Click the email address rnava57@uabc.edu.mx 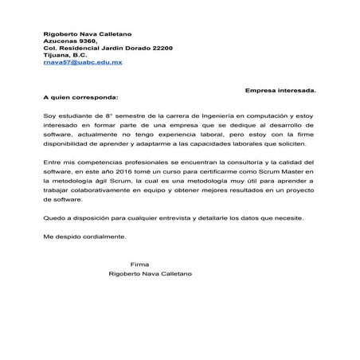point(82,61)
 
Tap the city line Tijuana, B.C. point(68,55)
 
